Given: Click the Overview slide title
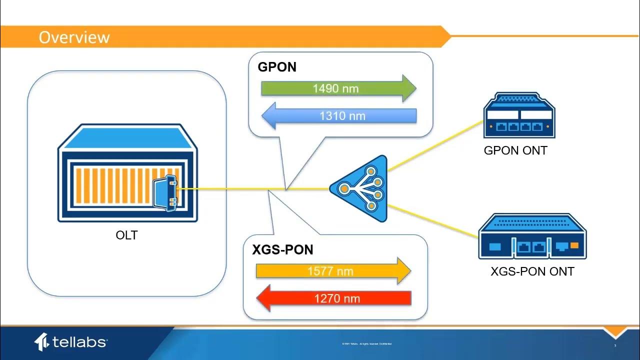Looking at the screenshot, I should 74,37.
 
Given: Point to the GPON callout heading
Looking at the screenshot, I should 277,67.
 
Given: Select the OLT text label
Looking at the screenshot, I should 126,234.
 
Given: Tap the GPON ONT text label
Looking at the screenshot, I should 515,150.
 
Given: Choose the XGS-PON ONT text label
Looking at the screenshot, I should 532,271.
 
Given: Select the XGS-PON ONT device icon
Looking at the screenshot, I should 532,237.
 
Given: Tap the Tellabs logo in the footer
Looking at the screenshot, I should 70,342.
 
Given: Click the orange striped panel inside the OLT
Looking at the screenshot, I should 115,189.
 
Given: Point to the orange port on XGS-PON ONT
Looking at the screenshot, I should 574,245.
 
